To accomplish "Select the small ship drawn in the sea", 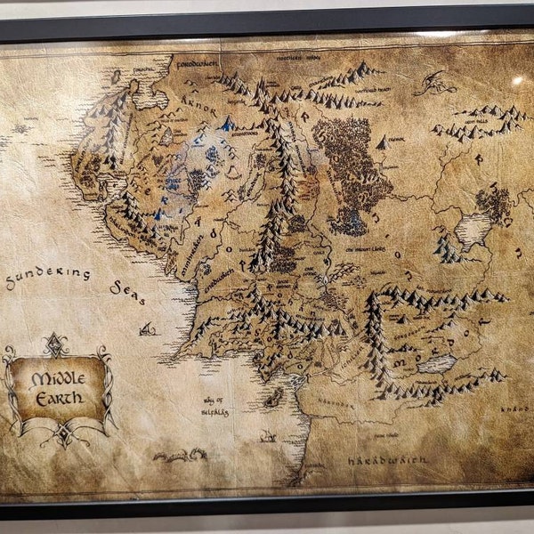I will [146, 328].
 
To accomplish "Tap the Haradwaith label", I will [387, 459].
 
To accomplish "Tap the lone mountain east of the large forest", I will [381, 142].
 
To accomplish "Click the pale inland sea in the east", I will [472, 230].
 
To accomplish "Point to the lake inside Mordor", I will [435, 364].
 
